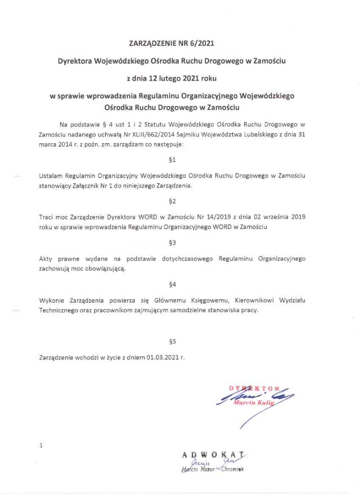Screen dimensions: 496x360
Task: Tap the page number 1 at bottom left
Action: (41, 446)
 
